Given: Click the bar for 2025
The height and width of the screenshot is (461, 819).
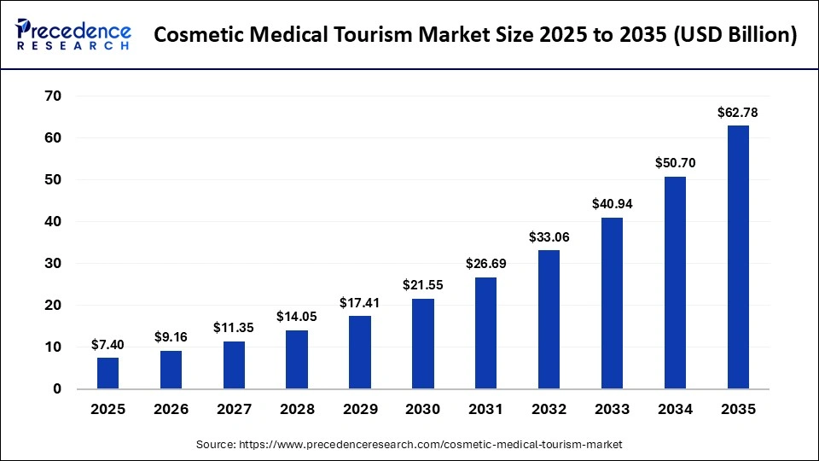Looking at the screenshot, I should click(107, 373).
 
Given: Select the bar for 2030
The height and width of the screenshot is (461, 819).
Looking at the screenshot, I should click(423, 343).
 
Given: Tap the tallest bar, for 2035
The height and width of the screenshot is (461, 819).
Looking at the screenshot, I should click(738, 257).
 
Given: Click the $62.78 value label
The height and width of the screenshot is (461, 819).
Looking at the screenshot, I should click(738, 112).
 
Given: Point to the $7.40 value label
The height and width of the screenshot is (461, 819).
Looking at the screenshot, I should click(107, 344).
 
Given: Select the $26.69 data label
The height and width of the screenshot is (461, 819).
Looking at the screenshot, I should click(485, 264).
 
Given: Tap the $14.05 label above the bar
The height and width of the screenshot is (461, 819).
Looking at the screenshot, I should click(296, 317).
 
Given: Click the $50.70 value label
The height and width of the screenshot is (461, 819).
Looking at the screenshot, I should click(675, 162).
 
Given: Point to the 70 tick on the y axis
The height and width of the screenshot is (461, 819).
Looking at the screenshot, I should click(52, 96).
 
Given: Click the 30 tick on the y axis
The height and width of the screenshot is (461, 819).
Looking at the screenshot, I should click(52, 264).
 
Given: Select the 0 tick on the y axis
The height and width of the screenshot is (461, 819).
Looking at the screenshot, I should click(56, 389).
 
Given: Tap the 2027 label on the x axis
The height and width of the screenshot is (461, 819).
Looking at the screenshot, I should click(234, 410).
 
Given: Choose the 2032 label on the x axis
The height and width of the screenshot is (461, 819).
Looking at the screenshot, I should click(549, 410).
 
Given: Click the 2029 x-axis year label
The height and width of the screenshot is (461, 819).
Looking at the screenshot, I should click(360, 410).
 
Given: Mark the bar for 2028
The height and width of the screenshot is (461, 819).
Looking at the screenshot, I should click(296, 359).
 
